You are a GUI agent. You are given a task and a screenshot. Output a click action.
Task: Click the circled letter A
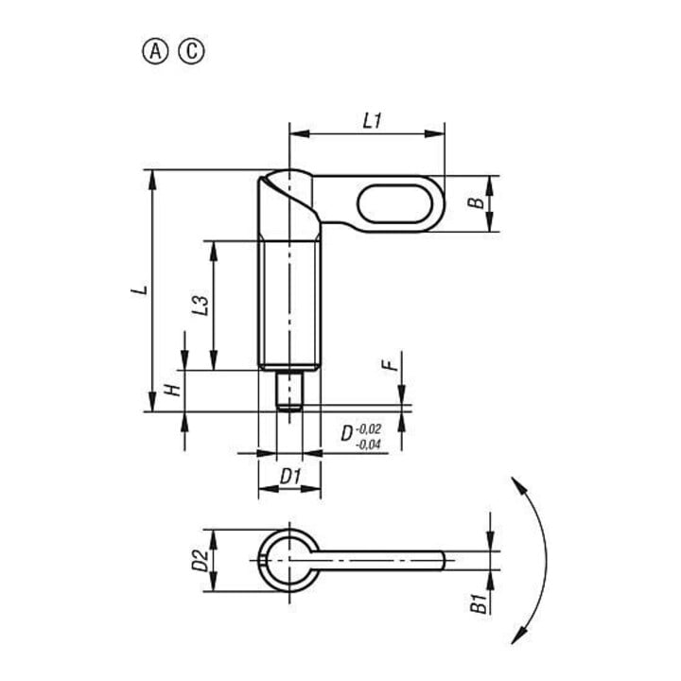pyautogui.click(x=155, y=52)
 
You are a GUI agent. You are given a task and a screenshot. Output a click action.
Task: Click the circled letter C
pyautogui.click(x=191, y=52)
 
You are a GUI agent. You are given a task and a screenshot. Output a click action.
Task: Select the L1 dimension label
pyautogui.click(x=373, y=121)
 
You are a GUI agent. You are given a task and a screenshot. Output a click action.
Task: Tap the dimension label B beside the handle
pyautogui.click(x=477, y=202)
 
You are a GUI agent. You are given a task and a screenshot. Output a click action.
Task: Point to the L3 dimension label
pyautogui.click(x=201, y=306)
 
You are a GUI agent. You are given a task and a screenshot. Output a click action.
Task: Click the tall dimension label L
pyautogui.click(x=140, y=289)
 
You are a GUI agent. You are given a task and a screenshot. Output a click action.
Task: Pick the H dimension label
pyautogui.click(x=173, y=390)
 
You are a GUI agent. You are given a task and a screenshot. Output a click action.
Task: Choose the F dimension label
pyautogui.click(x=391, y=365)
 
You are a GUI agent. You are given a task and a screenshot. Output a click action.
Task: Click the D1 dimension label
pyautogui.click(x=290, y=477)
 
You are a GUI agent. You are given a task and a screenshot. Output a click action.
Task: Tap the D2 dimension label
pyautogui.click(x=201, y=560)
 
